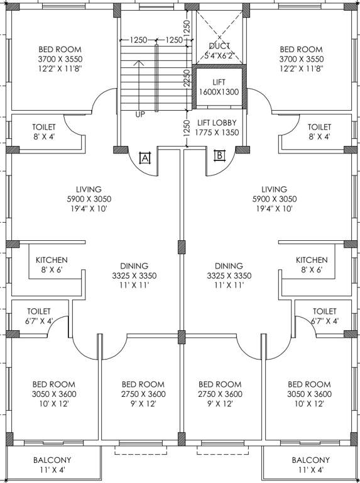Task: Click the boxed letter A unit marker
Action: pos(144,158)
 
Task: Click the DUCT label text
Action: pos(219,46)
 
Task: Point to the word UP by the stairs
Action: pos(140,115)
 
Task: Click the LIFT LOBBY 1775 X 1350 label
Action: pos(216,127)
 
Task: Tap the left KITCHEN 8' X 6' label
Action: pos(52,265)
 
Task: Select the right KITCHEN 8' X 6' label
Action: pos(312,265)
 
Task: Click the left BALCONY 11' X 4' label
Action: pos(52,465)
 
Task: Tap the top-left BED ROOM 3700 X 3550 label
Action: pos(60,59)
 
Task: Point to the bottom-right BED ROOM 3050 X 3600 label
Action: pos(308,394)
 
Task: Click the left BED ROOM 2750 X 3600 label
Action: pos(143,394)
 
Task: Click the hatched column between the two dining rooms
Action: pos(181,247)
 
